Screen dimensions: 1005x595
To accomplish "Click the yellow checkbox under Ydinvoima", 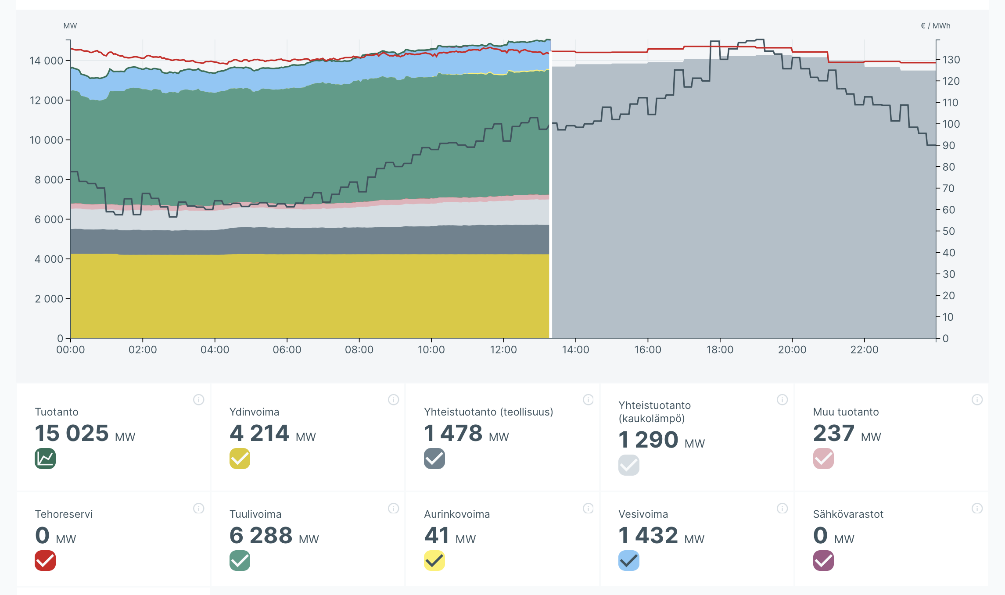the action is pyautogui.click(x=240, y=459).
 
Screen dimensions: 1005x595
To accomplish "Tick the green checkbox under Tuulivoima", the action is pyautogui.click(x=240, y=560).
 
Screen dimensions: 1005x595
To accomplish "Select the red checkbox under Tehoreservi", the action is pyautogui.click(x=45, y=560).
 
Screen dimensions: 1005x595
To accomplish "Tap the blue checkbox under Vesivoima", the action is pyautogui.click(x=629, y=560).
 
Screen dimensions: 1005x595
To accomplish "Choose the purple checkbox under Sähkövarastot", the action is pyautogui.click(x=823, y=560).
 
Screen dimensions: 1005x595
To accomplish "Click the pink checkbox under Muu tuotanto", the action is pyautogui.click(x=823, y=459).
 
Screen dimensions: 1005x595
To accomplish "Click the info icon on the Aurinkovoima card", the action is pyautogui.click(x=588, y=508).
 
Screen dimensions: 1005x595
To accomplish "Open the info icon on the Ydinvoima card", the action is pyautogui.click(x=393, y=399).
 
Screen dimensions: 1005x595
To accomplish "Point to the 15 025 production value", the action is pyautogui.click(x=72, y=433).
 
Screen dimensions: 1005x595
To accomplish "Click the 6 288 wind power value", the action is pyautogui.click(x=261, y=535).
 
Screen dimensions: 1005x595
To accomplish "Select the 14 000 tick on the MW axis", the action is pyautogui.click(x=47, y=61).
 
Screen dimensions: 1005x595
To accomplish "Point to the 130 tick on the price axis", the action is pyautogui.click(x=951, y=60).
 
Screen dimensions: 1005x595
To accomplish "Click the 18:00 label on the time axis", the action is pyautogui.click(x=720, y=350).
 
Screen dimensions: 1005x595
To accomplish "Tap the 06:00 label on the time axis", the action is pyautogui.click(x=287, y=350).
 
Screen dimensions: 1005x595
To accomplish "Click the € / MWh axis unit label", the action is pyautogui.click(x=935, y=26).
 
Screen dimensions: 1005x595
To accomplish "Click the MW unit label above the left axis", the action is pyautogui.click(x=70, y=26).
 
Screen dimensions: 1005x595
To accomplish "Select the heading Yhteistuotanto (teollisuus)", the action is pyautogui.click(x=488, y=412).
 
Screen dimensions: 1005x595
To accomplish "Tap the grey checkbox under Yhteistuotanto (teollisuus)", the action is pyautogui.click(x=434, y=459).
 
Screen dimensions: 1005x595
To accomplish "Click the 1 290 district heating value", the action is pyautogui.click(x=648, y=440).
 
